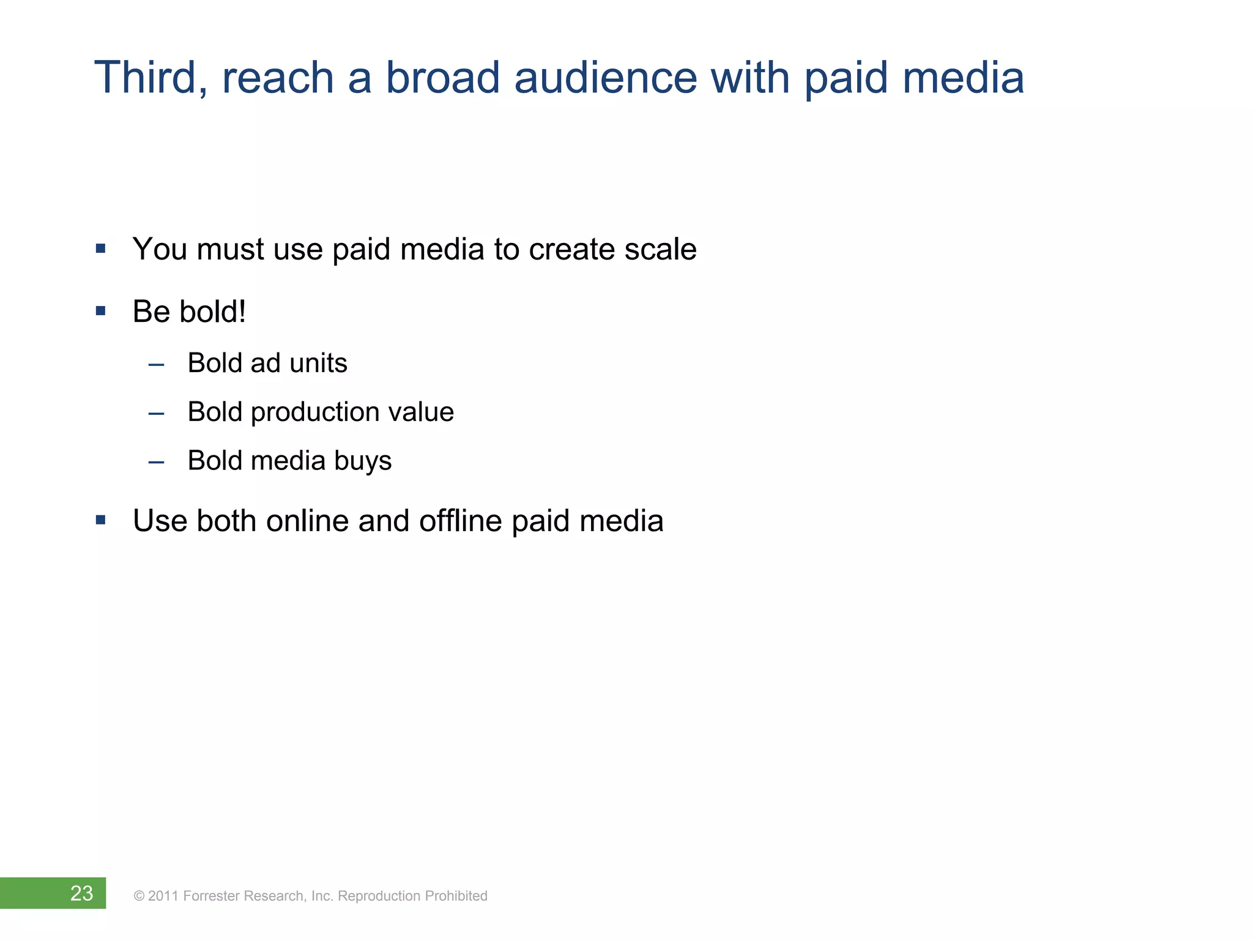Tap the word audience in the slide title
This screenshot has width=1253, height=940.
605,78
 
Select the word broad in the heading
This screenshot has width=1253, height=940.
442,78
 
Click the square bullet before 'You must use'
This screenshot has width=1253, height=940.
101,248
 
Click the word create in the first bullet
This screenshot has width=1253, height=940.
572,249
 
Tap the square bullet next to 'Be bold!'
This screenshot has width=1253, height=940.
101,311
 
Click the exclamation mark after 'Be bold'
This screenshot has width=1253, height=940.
242,311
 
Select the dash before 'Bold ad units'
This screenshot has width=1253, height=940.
157,365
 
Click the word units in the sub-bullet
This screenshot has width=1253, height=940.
318,363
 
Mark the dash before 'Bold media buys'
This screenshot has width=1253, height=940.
157,463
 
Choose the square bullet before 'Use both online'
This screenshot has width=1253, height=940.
101,520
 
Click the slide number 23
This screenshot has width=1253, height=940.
81,893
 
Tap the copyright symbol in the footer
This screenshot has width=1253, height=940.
139,896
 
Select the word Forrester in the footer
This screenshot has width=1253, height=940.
211,896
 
